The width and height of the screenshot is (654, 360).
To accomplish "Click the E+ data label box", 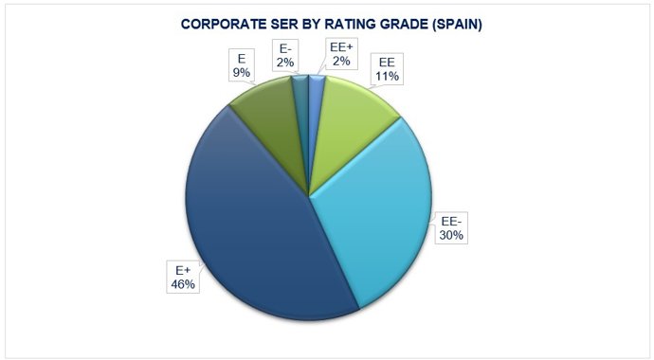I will pyautogui.click(x=184, y=277).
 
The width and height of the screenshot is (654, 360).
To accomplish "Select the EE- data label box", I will pyautogui.click(x=450, y=228).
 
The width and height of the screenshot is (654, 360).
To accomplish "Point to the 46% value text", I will pyautogui.click(x=184, y=283).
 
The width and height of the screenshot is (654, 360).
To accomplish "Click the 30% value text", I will pyautogui.click(x=450, y=235).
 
